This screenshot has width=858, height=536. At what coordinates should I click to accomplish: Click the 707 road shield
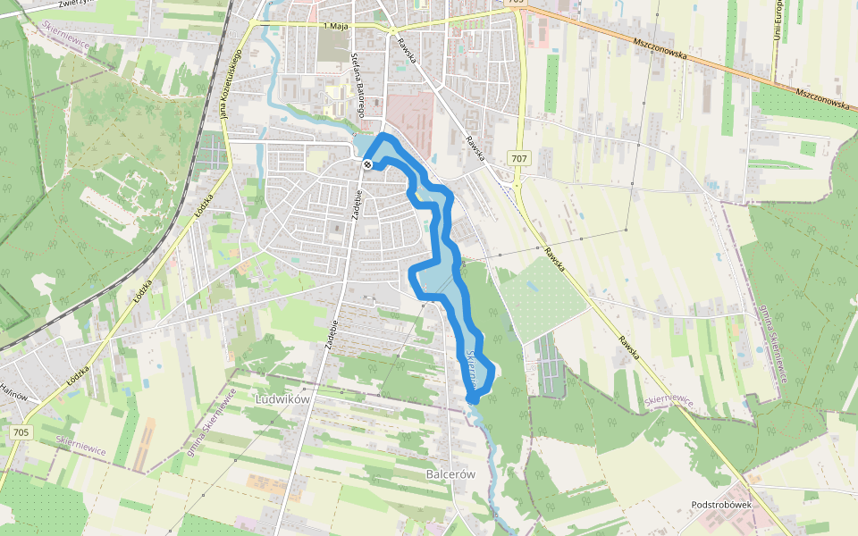pyautogui.click(x=519, y=158)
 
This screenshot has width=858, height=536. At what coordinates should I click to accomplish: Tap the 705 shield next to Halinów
pyautogui.click(x=21, y=432)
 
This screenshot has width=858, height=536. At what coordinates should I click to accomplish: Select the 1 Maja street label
pyautogui.click(x=333, y=27)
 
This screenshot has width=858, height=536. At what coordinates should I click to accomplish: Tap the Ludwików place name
pyautogui.click(x=282, y=399)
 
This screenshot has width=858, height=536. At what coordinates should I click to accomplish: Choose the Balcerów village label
pyautogui.click(x=450, y=474)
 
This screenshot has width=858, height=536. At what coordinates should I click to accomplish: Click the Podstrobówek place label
pyautogui.click(x=725, y=505)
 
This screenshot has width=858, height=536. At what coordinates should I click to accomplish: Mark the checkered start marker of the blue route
pyautogui.click(x=368, y=163)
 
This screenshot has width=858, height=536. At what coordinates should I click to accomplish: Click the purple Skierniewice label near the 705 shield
pyautogui.click(x=80, y=445)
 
